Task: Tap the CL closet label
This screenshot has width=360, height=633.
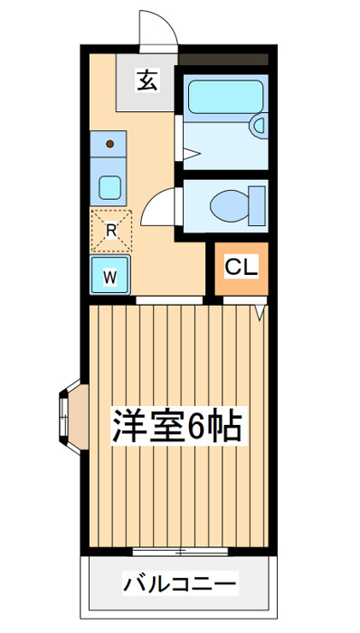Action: click(242, 267)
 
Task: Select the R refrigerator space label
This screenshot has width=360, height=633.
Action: click(111, 231)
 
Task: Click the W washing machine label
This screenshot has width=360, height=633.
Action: click(109, 277)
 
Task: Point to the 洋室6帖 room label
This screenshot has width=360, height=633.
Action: click(178, 426)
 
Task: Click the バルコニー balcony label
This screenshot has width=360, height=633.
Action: click(180, 583)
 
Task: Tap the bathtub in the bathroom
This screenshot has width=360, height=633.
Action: click(225, 97)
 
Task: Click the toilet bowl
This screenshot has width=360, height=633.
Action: click(229, 205)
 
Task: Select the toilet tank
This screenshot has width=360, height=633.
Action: click(257, 205)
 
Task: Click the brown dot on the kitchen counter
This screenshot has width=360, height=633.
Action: click(109, 143)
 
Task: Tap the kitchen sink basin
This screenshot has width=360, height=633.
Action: click(109, 187)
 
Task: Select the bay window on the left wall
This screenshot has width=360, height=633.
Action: click(73, 417)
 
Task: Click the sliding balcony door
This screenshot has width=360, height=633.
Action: click(180, 551)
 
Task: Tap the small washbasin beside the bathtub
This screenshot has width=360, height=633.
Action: click(258, 126)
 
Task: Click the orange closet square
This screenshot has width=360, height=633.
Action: click(242, 269)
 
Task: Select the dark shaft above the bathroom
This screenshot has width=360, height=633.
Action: click(223, 60)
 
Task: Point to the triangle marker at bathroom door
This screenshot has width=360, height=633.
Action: click(192, 154)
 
